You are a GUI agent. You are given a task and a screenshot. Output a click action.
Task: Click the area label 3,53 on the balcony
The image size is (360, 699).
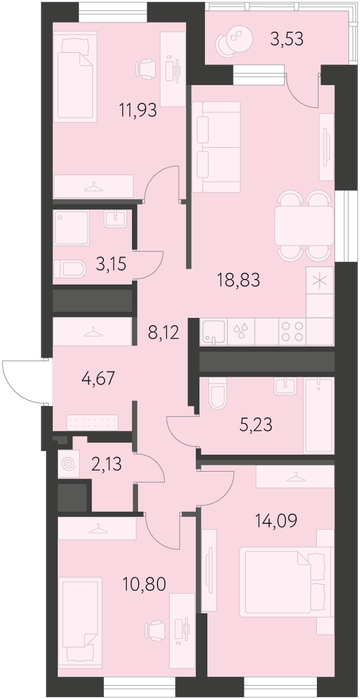pyautogui.click(x=286, y=39)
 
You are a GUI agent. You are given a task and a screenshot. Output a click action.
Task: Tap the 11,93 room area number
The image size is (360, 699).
pyautogui.click(x=138, y=110)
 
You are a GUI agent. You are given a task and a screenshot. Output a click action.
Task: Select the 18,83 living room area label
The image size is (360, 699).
pyautogui.click(x=238, y=280)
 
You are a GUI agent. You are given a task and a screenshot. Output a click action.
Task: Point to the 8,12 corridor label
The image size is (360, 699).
pyautogui.click(x=164, y=333)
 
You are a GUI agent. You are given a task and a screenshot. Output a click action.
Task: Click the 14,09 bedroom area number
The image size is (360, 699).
pyautogui.click(x=276, y=520)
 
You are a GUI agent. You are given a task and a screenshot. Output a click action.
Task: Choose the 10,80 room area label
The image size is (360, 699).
pyautogui.click(x=146, y=583)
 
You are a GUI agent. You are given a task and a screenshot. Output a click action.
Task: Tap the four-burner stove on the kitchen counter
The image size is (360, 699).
pyautogui.click(x=293, y=332)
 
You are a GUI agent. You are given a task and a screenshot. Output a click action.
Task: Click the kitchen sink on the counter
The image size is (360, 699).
pyautogui.click(x=214, y=332)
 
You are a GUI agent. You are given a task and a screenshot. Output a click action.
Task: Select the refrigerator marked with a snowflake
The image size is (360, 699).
pyautogui.click(x=320, y=280)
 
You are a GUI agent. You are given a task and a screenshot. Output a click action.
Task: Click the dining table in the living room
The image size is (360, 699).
pyautogui.click(x=304, y=225)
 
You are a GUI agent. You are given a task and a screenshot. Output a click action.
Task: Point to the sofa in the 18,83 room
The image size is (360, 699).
pyautogui.click(x=217, y=147)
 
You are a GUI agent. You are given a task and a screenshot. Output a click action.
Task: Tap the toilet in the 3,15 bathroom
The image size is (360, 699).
pyautogui.click(x=70, y=269)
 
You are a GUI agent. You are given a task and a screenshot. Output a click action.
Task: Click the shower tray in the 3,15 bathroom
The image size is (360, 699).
pyautogui.click(x=71, y=228)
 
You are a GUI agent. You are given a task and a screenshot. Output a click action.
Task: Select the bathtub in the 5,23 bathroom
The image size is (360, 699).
pyautogui.click(x=319, y=415)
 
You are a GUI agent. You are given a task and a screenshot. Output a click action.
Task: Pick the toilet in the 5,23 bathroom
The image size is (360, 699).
pyautogui.click(x=218, y=393)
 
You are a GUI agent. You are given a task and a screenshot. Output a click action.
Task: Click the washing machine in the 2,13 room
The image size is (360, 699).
pyautogui.click(x=69, y=464)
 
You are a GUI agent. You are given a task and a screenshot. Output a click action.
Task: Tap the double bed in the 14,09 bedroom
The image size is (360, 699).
pyautogui.click(x=281, y=584)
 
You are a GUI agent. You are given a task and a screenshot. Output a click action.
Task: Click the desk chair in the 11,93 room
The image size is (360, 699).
pyautogui.click(x=146, y=69)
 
